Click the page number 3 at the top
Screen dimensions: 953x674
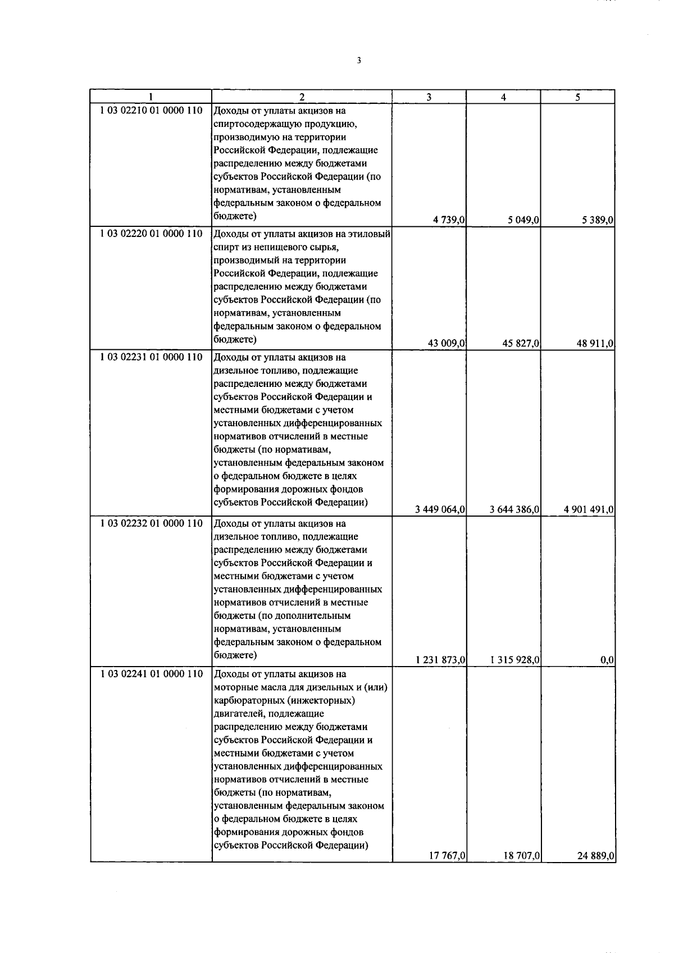tap(358, 61)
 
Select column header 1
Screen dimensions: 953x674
tap(151, 97)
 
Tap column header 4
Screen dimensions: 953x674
tap(503, 97)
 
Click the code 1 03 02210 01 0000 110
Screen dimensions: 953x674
tap(151, 111)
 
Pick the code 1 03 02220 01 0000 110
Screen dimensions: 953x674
tap(151, 234)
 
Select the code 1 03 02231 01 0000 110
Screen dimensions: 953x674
tap(151, 357)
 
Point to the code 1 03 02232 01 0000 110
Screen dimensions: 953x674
tap(151, 523)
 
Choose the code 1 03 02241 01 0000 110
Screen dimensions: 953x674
tap(151, 674)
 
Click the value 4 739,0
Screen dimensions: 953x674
tap(449, 221)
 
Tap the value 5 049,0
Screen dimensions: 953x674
tap(524, 221)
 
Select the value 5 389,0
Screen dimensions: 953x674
tap(598, 221)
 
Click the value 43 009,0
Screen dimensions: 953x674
tap(447, 344)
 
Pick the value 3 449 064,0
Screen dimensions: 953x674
tap(440, 509)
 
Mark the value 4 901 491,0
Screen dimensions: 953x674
tap(589, 509)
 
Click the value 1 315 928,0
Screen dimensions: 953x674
tap(514, 660)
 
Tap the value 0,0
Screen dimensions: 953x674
tap(607, 660)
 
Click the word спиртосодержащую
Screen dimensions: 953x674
tap(257, 124)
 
